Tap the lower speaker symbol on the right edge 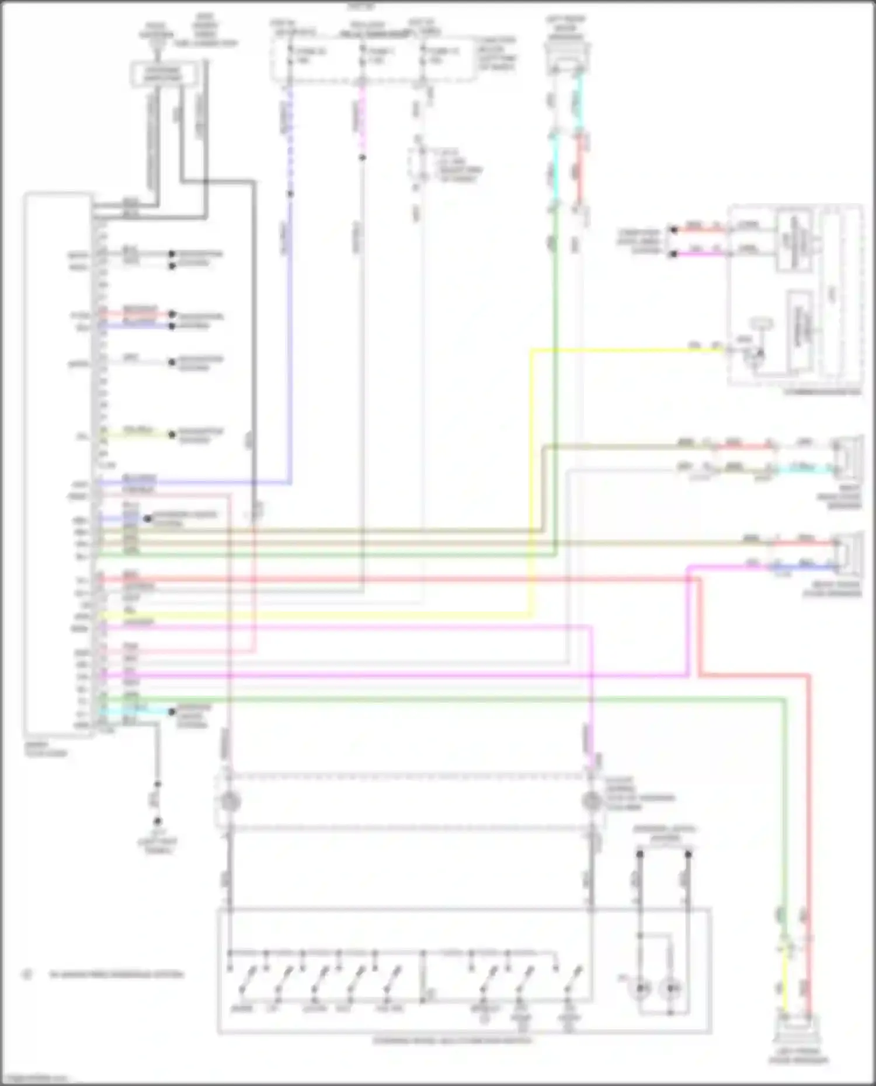tap(850, 551)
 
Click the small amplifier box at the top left tap(163, 75)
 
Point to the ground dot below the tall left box tap(157, 821)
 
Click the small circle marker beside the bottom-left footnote tap(26, 974)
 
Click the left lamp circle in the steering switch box tap(642, 988)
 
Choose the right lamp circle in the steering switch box tap(672, 988)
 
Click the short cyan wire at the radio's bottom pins tap(134, 711)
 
